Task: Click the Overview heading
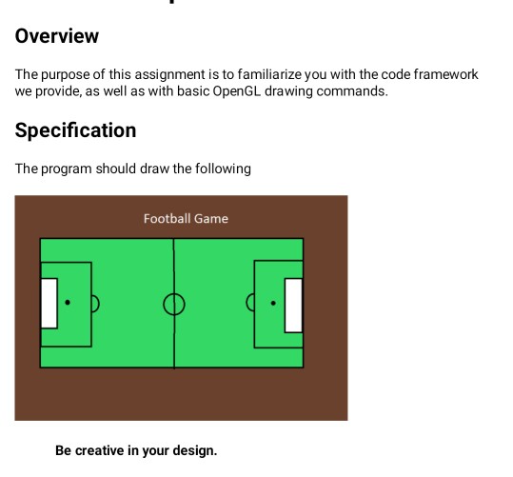click(57, 36)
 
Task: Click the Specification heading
click(75, 129)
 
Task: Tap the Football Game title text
click(186, 218)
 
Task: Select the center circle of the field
click(173, 304)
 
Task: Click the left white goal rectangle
click(49, 303)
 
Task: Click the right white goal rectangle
click(293, 305)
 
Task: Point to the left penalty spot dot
click(68, 303)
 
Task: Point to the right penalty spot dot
click(273, 304)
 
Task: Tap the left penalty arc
click(95, 304)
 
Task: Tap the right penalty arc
click(250, 304)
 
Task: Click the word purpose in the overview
click(64, 74)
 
